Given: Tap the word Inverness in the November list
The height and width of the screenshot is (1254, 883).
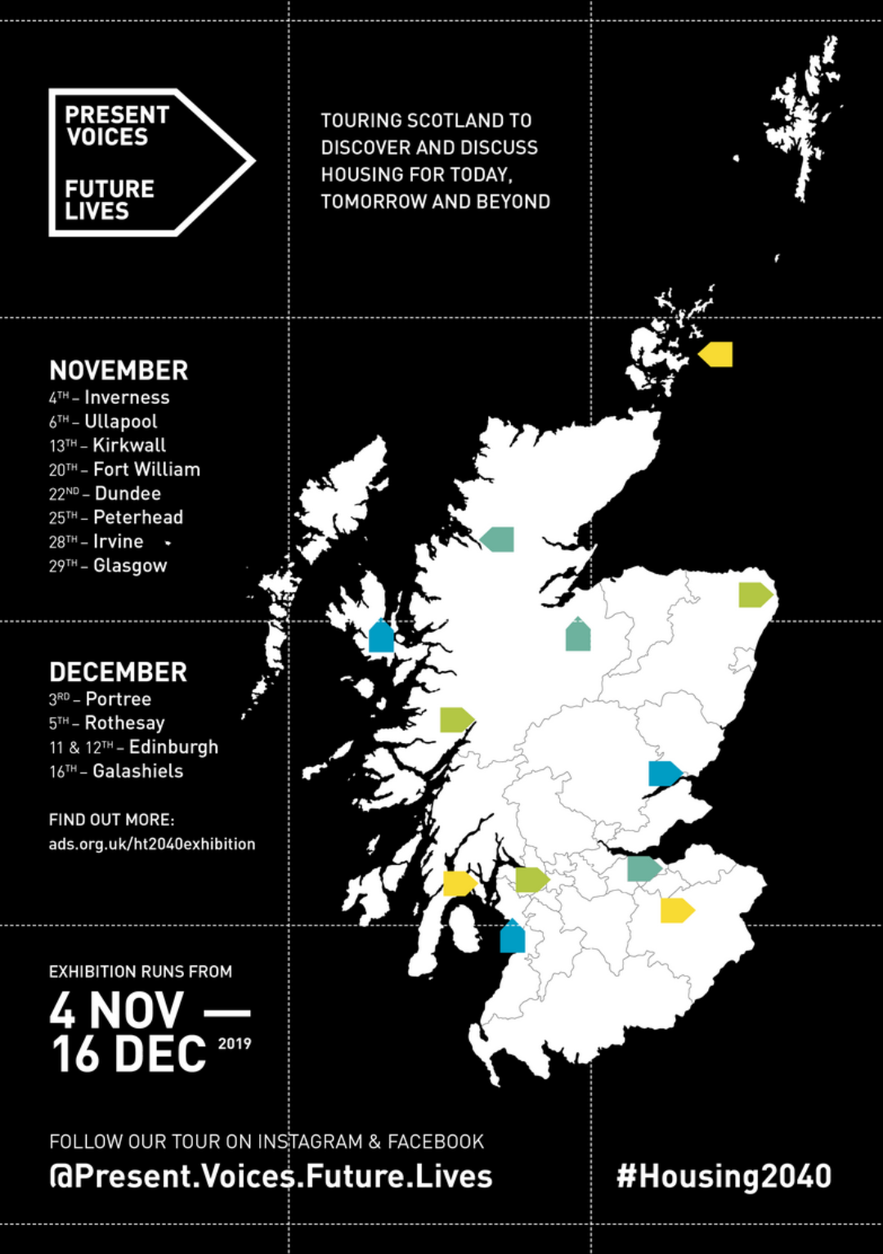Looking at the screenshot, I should (x=127, y=397).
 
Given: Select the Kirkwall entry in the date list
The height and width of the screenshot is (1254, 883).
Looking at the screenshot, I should (x=129, y=446).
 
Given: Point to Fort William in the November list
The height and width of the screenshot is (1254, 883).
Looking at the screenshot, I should (x=146, y=469).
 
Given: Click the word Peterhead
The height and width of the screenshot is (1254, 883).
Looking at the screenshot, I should (x=138, y=517).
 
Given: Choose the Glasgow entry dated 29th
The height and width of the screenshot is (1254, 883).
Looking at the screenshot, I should (x=130, y=566).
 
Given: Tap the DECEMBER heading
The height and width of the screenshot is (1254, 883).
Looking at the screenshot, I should (x=118, y=672).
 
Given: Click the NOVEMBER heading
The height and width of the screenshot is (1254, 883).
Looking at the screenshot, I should (x=119, y=370).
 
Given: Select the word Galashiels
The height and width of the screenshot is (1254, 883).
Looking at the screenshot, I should (x=137, y=771).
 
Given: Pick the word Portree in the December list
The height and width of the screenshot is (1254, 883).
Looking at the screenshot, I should (x=119, y=699).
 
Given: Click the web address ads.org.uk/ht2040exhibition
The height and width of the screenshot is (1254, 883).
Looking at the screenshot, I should (x=152, y=844).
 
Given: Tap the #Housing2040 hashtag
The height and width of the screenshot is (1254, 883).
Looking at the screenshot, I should (x=724, y=1176).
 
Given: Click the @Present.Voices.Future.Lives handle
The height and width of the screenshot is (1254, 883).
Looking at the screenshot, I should (x=271, y=1176).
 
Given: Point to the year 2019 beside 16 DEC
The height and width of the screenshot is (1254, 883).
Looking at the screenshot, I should (x=235, y=1043).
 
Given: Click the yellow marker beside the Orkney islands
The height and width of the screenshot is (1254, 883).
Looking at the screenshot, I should (x=716, y=354).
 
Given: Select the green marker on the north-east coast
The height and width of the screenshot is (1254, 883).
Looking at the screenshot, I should (x=755, y=594).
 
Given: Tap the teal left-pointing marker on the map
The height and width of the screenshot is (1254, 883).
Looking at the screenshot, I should (x=498, y=540).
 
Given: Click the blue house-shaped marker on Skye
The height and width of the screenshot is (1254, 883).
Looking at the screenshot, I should (x=381, y=636).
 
